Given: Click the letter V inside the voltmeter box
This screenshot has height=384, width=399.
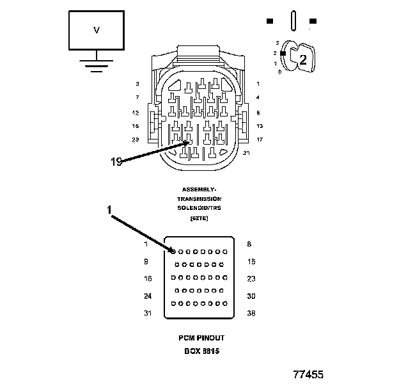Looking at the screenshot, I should pyautogui.click(x=97, y=30).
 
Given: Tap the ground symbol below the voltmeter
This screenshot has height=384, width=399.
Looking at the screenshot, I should pyautogui.click(x=97, y=65).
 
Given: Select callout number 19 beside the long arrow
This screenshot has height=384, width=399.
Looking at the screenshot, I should pyautogui.click(x=116, y=162).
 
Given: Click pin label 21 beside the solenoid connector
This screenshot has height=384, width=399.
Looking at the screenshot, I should pyautogui.click(x=247, y=152).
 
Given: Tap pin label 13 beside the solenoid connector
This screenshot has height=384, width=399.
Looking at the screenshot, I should pyautogui.click(x=260, y=126).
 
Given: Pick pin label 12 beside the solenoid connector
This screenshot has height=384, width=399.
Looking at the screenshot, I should pyautogui.click(x=136, y=112).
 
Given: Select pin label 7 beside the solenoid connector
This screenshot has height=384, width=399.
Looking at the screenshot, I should pyautogui.click(x=137, y=97).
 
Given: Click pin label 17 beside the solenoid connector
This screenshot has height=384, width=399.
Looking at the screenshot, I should pyautogui.click(x=260, y=140).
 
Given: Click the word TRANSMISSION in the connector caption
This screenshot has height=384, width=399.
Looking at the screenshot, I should pyautogui.click(x=199, y=199).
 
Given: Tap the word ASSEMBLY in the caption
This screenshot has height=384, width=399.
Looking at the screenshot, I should pyautogui.click(x=199, y=189).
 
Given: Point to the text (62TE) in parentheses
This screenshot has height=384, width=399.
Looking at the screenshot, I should pyautogui.click(x=199, y=218).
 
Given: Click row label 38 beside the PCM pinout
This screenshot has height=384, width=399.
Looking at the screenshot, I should pyautogui.click(x=251, y=313).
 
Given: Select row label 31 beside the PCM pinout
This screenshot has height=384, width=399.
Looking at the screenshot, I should pyautogui.click(x=148, y=313).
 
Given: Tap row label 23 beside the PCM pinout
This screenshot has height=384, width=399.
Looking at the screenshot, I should pyautogui.click(x=251, y=278).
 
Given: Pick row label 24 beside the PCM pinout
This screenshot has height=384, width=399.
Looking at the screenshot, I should pyautogui.click(x=148, y=296).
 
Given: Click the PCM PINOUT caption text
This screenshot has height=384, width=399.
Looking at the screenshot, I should pyautogui.click(x=201, y=337).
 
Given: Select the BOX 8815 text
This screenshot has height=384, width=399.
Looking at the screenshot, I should pyautogui.click(x=201, y=351).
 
